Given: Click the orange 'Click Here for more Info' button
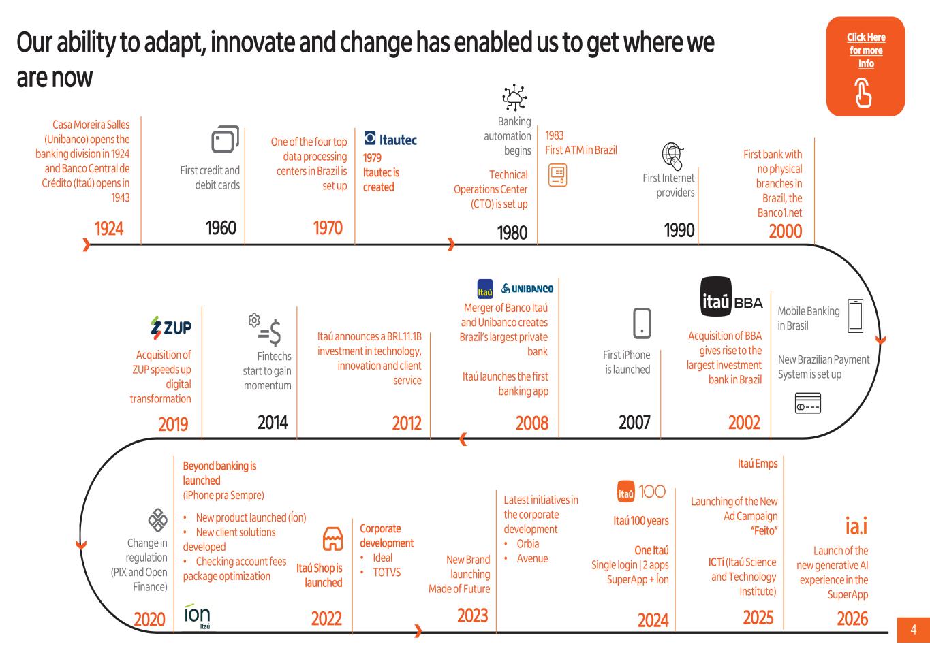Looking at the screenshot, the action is tap(866, 66).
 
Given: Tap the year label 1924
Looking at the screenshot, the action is tap(109, 229).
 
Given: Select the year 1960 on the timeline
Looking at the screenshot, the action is tap(221, 227).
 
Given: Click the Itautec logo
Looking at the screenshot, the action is tap(390, 139).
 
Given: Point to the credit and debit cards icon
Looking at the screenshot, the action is tap(226, 140).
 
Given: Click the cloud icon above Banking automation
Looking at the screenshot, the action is tap(514, 97).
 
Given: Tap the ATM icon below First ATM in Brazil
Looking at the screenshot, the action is tap(557, 175).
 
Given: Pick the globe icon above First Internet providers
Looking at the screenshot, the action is tap(672, 156).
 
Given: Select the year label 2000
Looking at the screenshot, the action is tap(786, 231).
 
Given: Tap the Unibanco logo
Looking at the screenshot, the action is tap(527, 289).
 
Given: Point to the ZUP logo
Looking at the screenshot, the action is tap(170, 327).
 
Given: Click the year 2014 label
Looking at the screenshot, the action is tap(273, 422).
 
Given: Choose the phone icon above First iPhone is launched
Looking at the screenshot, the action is tap(642, 323).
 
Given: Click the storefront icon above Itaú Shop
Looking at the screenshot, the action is tap(333, 539).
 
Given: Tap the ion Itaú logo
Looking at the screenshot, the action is tap(197, 616).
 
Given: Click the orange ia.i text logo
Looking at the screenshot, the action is tap(856, 526).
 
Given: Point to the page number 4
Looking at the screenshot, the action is tap(914, 630).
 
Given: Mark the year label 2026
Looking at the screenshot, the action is tap(852, 618).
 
